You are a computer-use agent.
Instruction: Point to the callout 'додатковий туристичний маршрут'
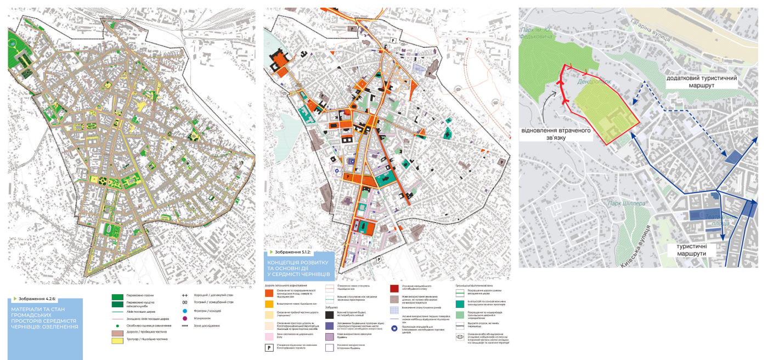coord(701,82)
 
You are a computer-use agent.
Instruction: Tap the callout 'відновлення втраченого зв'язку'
coord(549,136)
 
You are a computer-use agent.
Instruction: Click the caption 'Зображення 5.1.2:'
coord(290,252)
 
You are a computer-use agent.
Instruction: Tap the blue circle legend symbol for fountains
coord(185,311)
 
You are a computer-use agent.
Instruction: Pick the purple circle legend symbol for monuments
coord(185,318)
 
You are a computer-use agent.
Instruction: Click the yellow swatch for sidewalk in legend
coord(117,340)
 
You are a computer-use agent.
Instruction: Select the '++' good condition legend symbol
coord(185,295)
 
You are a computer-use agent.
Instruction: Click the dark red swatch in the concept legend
coord(394,288)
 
